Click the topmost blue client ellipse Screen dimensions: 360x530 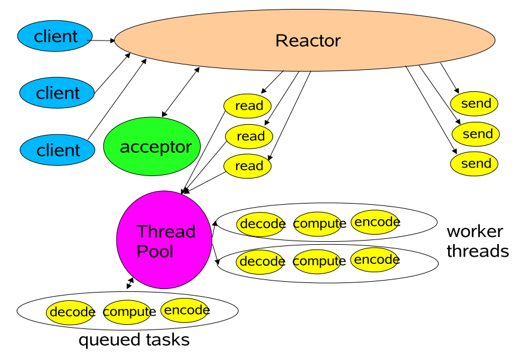pos(55,36)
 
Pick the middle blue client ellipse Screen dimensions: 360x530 pos(57,93)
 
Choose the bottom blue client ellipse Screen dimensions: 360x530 pos(57,149)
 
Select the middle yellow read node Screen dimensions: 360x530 pos(249,136)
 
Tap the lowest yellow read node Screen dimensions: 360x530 pos(248,165)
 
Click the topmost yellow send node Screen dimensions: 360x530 pos(475,103)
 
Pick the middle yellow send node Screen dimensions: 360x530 pos(476,133)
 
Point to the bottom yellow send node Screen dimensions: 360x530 pos(475,164)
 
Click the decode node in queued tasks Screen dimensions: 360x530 pos(71,312)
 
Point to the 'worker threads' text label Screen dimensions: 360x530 pos(477,241)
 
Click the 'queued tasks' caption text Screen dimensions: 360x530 pos(134,340)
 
